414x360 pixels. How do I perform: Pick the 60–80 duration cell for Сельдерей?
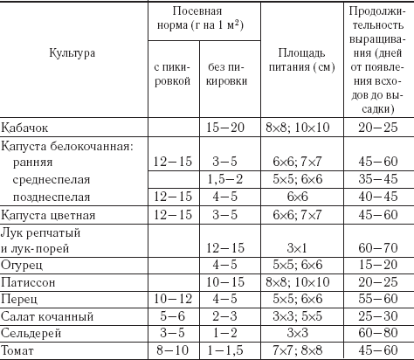coord(375,333)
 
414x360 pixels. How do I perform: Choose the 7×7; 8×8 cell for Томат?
coord(294,350)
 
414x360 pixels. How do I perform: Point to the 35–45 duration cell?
coord(375,180)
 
